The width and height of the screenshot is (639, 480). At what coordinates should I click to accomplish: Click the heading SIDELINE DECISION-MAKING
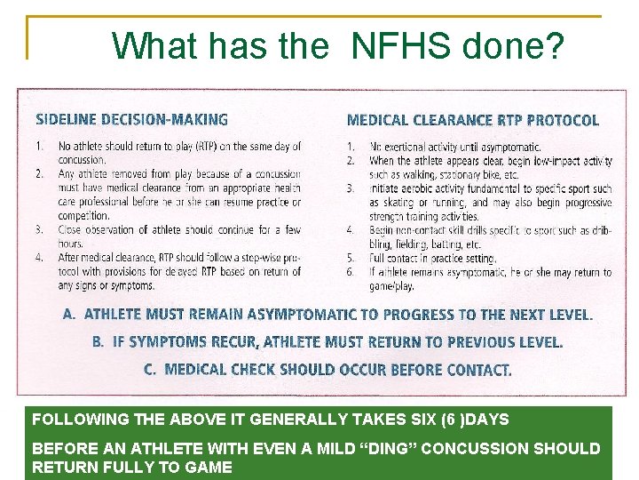coord(131,119)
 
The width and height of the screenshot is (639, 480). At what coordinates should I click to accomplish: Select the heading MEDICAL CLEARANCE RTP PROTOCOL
coord(472,120)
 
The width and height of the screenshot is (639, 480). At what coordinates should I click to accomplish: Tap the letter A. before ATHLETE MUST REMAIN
coord(69,314)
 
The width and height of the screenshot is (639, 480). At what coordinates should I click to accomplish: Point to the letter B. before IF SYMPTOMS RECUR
coord(99,341)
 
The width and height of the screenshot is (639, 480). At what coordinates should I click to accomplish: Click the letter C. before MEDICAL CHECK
coord(149,370)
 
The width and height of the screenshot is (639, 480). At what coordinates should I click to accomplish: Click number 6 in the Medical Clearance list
coord(350,272)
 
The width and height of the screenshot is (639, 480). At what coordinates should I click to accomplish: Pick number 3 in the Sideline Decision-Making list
coord(39,230)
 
